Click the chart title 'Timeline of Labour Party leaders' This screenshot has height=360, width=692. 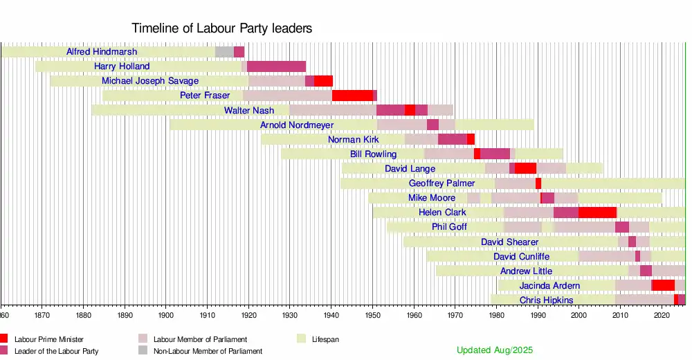[x=222, y=28]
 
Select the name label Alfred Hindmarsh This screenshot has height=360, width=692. [x=102, y=52]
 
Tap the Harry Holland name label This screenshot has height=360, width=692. [x=122, y=66]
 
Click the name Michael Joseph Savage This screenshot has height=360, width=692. [x=150, y=81]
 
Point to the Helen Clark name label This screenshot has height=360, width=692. [x=442, y=213]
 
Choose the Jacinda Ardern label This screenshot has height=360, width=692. [x=549, y=285]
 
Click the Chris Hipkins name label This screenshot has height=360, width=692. [x=546, y=300]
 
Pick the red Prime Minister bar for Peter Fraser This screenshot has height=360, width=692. [x=352, y=96]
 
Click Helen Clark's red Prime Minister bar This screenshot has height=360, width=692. [x=597, y=213]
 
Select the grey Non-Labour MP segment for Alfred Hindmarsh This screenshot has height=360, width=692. [x=224, y=52]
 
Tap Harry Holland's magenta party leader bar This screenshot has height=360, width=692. [x=276, y=66]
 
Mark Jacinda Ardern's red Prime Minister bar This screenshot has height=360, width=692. [x=663, y=285]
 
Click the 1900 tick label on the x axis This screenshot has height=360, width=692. [x=166, y=315]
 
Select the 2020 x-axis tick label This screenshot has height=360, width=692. [x=662, y=315]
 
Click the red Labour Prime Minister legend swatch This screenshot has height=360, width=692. [x=4, y=339]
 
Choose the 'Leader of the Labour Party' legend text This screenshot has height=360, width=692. [x=56, y=351]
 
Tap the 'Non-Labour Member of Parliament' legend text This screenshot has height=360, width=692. [x=208, y=351]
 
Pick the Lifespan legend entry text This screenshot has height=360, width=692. [x=325, y=339]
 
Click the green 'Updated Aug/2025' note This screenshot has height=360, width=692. [x=495, y=350]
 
